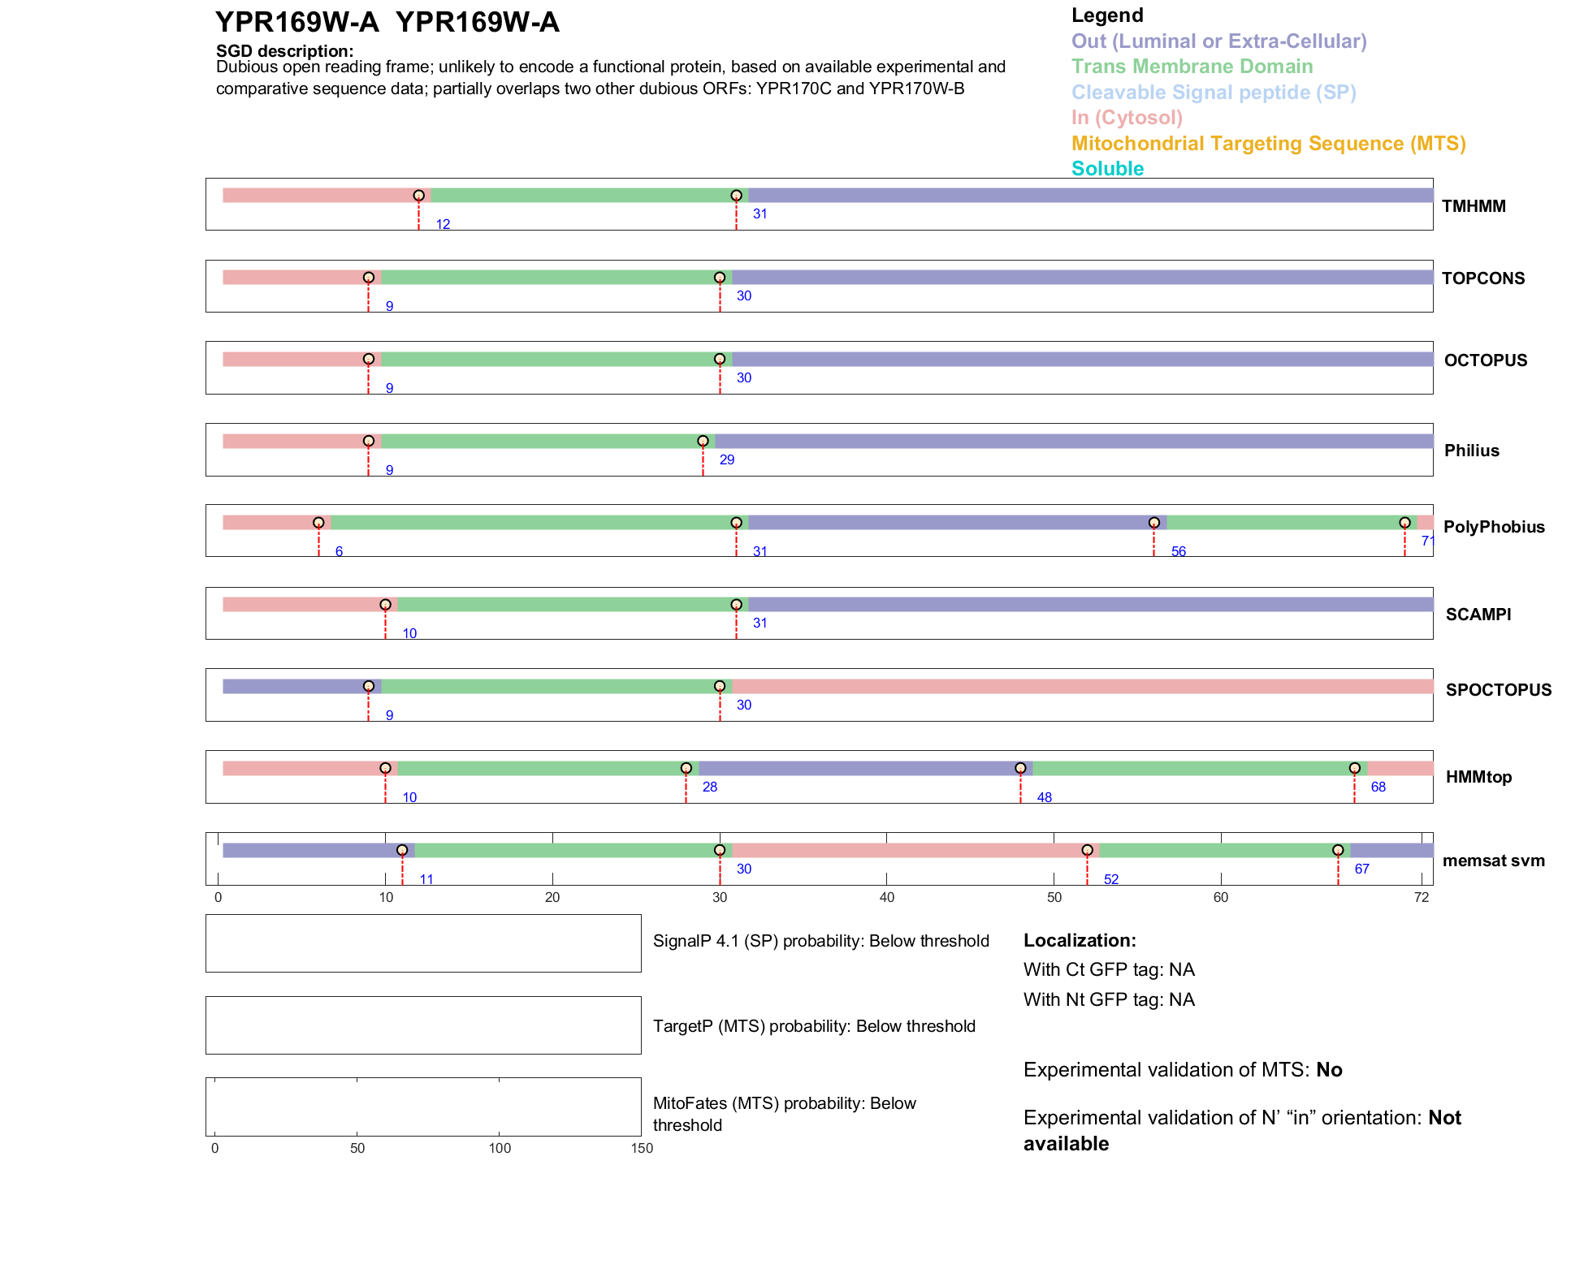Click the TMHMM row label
click(x=1473, y=206)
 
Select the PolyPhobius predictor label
click(x=1493, y=527)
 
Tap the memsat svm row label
click(x=1493, y=861)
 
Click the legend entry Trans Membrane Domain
click(x=1192, y=67)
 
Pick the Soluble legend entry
click(x=1107, y=169)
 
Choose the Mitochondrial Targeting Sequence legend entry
click(x=1268, y=144)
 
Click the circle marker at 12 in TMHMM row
click(x=418, y=196)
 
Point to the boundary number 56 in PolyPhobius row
click(x=1178, y=552)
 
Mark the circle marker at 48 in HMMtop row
click(x=1020, y=768)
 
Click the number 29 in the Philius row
click(x=726, y=460)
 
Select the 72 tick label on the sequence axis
click(x=1421, y=897)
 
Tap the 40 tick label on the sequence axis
click(x=886, y=897)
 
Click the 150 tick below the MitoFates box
click(x=642, y=1148)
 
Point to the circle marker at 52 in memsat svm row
click(x=1087, y=850)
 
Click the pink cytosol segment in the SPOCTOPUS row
click(x=1080, y=687)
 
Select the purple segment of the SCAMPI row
click(x=1088, y=605)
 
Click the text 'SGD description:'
click(x=284, y=51)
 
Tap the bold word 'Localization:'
click(x=1079, y=941)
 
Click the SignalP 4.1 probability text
click(x=820, y=941)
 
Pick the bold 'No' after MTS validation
click(x=1329, y=1070)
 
